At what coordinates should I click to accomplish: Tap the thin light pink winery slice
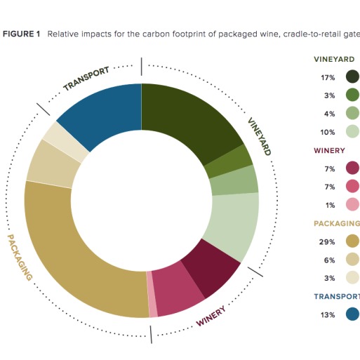click(x=152, y=294)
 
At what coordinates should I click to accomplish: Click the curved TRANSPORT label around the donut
click(x=86, y=79)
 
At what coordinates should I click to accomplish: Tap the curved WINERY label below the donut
click(x=211, y=316)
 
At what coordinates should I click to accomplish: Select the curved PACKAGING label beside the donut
click(x=20, y=258)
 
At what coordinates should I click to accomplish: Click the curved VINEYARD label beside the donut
click(x=260, y=136)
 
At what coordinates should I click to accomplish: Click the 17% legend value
click(x=328, y=77)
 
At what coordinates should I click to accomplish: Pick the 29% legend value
click(x=327, y=242)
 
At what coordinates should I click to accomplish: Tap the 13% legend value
click(x=328, y=315)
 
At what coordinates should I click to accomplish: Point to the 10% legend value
click(x=328, y=133)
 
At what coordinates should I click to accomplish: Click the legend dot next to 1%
click(x=352, y=204)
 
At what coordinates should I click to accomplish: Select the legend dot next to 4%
click(x=352, y=113)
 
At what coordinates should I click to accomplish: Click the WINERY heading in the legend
click(x=329, y=150)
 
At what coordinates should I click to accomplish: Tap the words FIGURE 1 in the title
click(x=21, y=34)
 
